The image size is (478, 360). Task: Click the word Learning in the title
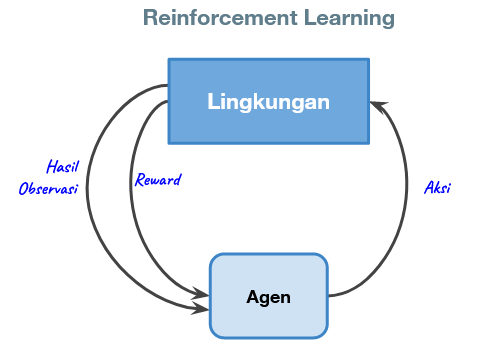[x=337, y=18]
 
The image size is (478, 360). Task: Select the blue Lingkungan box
[x=268, y=101]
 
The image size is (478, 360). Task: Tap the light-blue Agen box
[x=268, y=296]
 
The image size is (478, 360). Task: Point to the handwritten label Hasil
[x=63, y=166]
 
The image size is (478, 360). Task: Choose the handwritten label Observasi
[x=48, y=188]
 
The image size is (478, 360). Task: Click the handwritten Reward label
[x=158, y=180]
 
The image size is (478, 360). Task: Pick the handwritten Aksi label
[x=437, y=187]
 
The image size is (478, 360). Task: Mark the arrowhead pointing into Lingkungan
[x=376, y=102]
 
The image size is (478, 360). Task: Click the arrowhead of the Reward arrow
[x=202, y=294]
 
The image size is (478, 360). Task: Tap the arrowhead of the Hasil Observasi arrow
[x=202, y=310]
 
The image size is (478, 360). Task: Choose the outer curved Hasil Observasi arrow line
[x=88, y=200]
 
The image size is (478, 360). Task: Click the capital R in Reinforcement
[x=149, y=18]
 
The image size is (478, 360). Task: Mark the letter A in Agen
[x=252, y=297]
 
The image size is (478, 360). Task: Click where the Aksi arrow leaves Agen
[x=330, y=296]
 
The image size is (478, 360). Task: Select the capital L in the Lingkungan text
[x=212, y=101]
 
